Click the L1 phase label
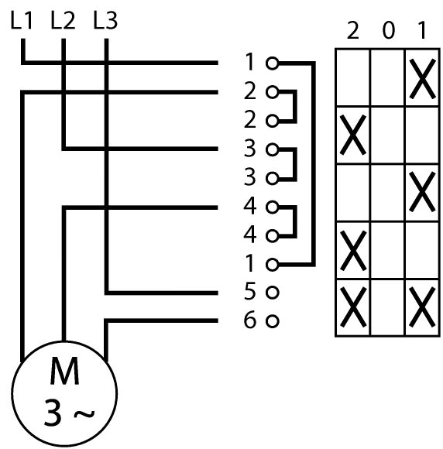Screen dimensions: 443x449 [x=22, y=21]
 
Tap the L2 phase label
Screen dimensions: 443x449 [x=63, y=21]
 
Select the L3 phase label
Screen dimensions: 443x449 [x=105, y=21]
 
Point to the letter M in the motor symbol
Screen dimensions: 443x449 [x=64, y=371]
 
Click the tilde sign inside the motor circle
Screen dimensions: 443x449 [x=84, y=414]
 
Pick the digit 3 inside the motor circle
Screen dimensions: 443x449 [x=53, y=412]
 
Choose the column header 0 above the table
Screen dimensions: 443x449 [x=389, y=30]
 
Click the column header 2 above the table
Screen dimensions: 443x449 [x=352, y=30]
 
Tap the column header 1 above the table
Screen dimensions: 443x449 [x=421, y=30]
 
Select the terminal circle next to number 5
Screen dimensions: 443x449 [x=272, y=293]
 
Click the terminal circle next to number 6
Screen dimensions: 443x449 [x=272, y=321]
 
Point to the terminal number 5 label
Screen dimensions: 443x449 [x=249, y=291]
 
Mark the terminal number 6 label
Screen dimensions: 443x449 [x=249, y=319]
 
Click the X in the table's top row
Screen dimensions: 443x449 [x=423, y=79]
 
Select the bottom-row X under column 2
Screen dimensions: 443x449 [x=353, y=307]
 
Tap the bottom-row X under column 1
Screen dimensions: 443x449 [x=423, y=307]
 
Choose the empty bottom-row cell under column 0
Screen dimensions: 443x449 [x=388, y=307]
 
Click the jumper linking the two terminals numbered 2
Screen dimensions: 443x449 [x=295, y=107]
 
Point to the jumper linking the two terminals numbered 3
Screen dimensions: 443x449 [x=295, y=164]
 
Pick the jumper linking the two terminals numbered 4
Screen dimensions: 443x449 [x=295, y=221]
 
